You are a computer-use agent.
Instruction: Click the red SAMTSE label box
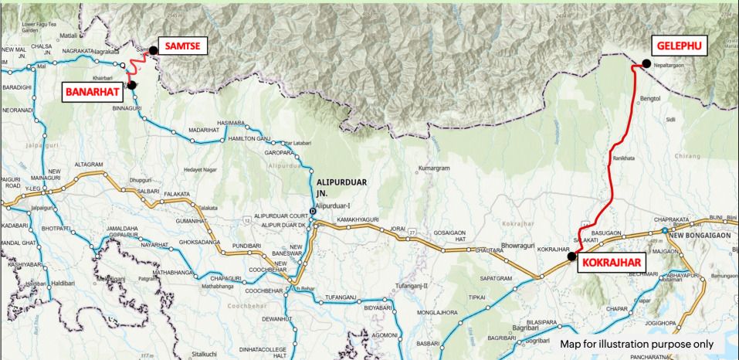point(182,47)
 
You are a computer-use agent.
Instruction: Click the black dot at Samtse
point(153,50)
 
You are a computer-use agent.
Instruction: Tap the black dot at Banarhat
point(132,85)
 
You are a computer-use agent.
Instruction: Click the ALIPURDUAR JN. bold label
point(341,186)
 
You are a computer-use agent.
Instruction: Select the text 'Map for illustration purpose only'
point(642,343)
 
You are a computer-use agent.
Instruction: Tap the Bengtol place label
point(651,99)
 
